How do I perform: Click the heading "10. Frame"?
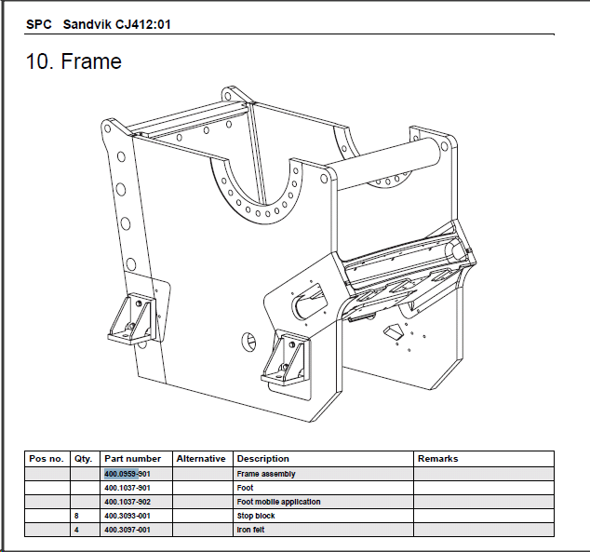pos(74,62)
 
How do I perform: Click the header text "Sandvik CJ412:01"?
pos(116,24)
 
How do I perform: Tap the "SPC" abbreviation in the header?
pos(39,24)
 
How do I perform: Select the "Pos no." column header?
pos(46,459)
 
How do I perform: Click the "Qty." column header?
pos(83,459)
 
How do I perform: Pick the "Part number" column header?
pos(132,459)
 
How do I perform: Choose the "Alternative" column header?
pos(201,459)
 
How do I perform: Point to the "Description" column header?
pos(262,459)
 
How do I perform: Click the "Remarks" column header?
pos(437,459)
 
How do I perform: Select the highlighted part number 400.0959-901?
pos(127,474)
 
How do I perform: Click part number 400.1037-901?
pos(127,488)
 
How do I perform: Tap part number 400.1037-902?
pos(127,502)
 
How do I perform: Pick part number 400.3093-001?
pos(127,516)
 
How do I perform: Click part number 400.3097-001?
pos(127,530)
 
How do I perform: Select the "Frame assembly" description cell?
pos(265,474)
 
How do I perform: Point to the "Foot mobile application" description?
pos(278,502)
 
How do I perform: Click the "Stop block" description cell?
pos(256,516)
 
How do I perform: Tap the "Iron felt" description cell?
pos(252,530)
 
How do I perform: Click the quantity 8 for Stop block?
pos(75,516)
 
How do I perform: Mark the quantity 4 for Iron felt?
pos(75,530)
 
